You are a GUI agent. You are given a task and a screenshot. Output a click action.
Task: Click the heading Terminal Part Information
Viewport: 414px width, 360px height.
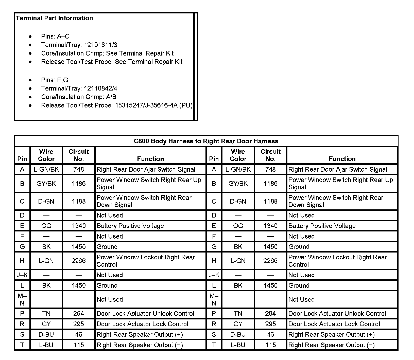(x=54, y=18)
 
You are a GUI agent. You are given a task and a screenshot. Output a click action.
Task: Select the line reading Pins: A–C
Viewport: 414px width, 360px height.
(x=55, y=37)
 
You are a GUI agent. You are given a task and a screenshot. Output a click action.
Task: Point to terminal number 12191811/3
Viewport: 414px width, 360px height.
(x=100, y=45)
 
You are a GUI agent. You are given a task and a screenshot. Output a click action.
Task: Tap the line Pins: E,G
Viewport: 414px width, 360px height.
(x=55, y=80)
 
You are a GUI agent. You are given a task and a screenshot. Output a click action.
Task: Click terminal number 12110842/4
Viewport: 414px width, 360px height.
(x=100, y=88)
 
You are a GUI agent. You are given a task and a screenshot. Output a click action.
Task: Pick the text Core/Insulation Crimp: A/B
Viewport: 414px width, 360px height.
(x=79, y=97)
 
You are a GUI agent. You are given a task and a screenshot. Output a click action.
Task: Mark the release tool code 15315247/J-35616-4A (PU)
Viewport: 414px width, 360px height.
(x=154, y=105)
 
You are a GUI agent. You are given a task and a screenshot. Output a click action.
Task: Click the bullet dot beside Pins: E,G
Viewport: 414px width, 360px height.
(x=30, y=80)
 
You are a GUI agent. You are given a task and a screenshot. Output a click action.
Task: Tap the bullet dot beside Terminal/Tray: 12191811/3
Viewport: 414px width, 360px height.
(x=30, y=45)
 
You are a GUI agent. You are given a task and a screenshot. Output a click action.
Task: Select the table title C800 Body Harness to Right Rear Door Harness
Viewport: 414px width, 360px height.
(x=206, y=141)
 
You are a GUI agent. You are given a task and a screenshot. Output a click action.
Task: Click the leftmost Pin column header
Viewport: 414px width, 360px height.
(x=22, y=159)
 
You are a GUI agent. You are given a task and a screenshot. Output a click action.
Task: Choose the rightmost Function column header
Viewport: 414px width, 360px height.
(x=342, y=159)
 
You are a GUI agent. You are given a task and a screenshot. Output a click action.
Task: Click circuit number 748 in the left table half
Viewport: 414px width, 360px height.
(x=79, y=169)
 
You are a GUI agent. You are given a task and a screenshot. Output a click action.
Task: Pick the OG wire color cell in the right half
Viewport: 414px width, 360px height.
(x=238, y=226)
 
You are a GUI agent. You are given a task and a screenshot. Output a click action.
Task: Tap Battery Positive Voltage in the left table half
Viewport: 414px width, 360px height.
(x=130, y=226)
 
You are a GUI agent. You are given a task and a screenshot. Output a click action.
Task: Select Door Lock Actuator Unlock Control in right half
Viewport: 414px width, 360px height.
(x=337, y=314)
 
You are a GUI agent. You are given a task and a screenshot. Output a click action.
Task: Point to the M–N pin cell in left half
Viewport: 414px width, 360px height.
(x=22, y=299)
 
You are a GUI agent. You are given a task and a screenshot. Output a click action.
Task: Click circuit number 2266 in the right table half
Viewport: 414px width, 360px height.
(x=270, y=261)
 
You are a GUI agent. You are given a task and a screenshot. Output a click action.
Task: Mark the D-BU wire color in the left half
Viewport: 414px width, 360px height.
(x=46, y=335)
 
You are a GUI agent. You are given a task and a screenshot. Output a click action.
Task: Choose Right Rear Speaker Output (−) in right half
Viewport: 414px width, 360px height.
(x=331, y=345)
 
